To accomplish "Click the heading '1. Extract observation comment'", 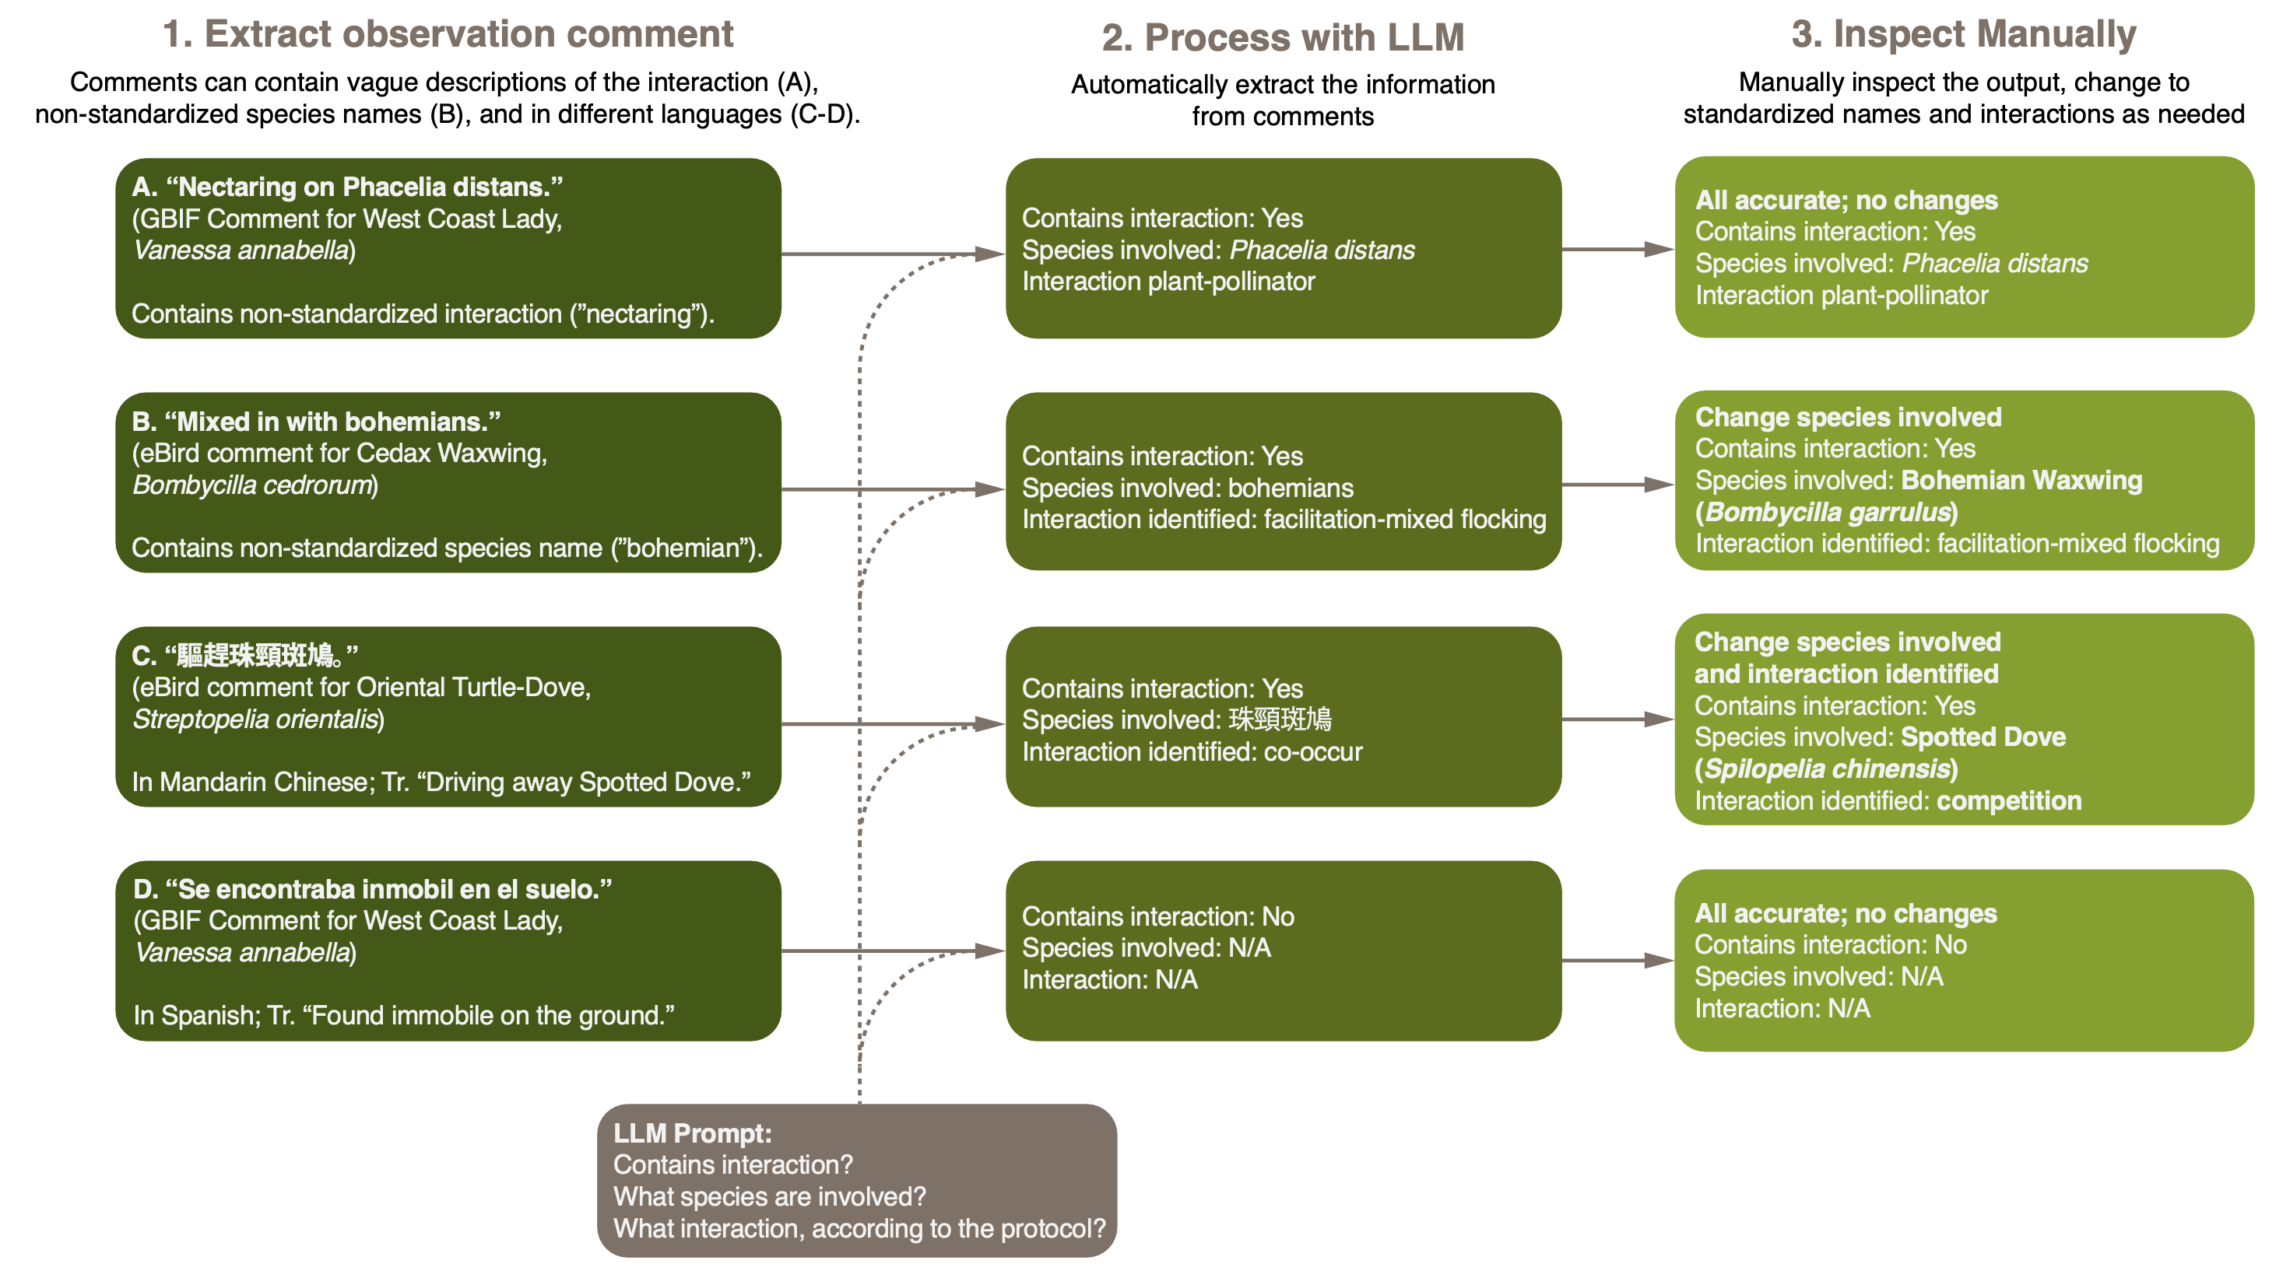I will tap(447, 33).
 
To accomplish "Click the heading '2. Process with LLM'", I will tap(1282, 37).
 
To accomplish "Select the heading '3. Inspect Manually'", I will tap(1963, 33).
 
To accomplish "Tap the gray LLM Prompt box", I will tap(856, 1179).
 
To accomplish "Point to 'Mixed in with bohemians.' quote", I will tap(315, 422).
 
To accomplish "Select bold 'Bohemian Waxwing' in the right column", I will tap(2021, 481).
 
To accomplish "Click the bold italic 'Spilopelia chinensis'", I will tap(1826, 769).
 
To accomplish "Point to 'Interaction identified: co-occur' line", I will tap(1191, 753).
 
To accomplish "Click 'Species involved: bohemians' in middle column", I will tap(1187, 488).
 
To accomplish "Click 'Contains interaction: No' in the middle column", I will tap(1157, 916).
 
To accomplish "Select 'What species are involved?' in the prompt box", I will tap(769, 1197).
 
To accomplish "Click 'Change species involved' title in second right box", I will tap(1847, 418).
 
